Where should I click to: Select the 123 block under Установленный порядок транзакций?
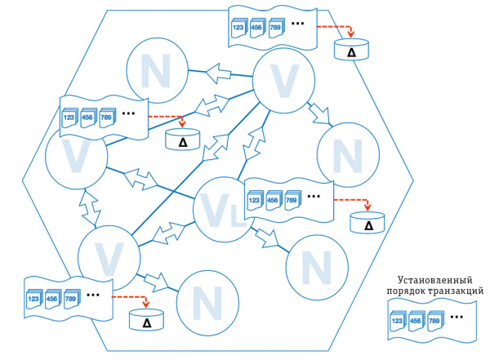pyautogui.click(x=397, y=322)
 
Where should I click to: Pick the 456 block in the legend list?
pyautogui.click(x=416, y=322)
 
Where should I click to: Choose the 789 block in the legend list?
pyautogui.click(x=436, y=322)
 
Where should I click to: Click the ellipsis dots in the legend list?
pyautogui.click(x=457, y=317)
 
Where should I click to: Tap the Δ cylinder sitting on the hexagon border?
pyautogui.click(x=351, y=49)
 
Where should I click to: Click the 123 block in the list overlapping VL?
pyautogui.click(x=256, y=201)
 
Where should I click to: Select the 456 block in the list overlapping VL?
pyautogui.click(x=274, y=201)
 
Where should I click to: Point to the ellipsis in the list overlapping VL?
pyautogui.click(x=315, y=196)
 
